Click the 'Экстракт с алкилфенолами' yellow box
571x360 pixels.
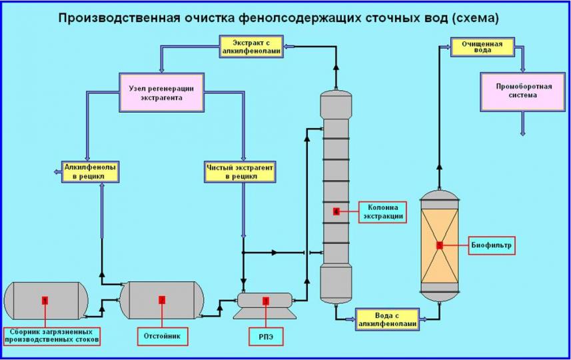click(x=251, y=47)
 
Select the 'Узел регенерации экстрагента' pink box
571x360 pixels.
click(x=163, y=92)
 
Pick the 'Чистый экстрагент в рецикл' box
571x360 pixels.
click(x=240, y=171)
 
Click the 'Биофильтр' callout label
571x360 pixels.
click(x=492, y=245)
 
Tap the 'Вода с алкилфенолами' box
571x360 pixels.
click(x=387, y=318)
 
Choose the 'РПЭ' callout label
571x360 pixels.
click(x=265, y=337)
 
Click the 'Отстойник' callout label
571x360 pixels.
click(x=162, y=336)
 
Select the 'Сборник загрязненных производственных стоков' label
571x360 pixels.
click(x=52, y=335)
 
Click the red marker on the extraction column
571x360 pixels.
click(x=336, y=211)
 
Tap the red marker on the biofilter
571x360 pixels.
click(x=440, y=245)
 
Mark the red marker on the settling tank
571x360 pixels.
click(x=162, y=300)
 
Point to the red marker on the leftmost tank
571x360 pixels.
click(x=45, y=301)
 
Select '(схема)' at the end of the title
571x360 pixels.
click(x=475, y=18)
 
